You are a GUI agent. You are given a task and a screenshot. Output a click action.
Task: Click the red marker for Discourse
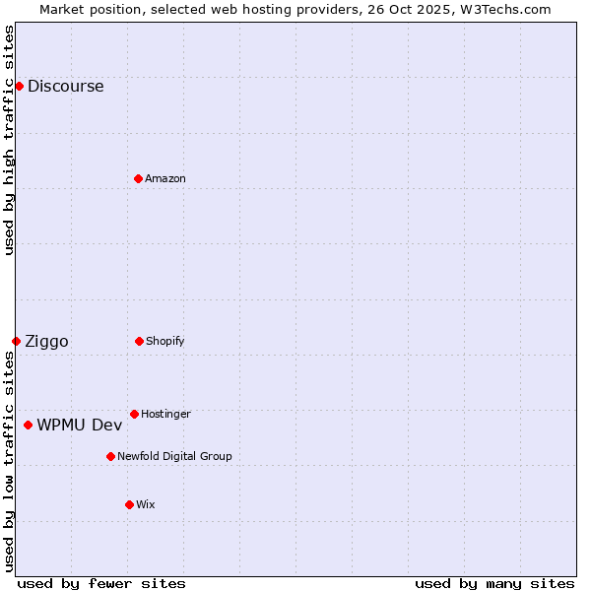pyautogui.click(x=19, y=86)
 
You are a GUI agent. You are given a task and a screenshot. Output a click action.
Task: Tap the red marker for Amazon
pyautogui.click(x=138, y=178)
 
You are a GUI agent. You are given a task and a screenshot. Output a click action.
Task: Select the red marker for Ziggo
pyautogui.click(x=16, y=341)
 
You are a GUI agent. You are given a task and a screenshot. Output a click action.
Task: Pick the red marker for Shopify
pyautogui.click(x=139, y=341)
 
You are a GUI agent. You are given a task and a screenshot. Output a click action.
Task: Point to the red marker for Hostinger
pyautogui.click(x=134, y=414)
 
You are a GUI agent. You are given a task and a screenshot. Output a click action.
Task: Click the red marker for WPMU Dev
pyautogui.click(x=28, y=425)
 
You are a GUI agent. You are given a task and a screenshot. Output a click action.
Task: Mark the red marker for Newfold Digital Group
pyautogui.click(x=110, y=456)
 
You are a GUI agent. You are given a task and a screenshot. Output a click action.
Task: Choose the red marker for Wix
pyautogui.click(x=129, y=504)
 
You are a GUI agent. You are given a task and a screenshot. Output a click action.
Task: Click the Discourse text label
pyautogui.click(x=65, y=86)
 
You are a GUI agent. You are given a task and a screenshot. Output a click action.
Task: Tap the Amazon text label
pyautogui.click(x=165, y=178)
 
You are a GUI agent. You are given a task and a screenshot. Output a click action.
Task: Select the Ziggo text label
pyautogui.click(x=46, y=341)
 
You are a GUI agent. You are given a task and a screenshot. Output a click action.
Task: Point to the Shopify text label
pyautogui.click(x=165, y=341)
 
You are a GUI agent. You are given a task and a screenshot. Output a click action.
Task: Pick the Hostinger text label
pyautogui.click(x=165, y=414)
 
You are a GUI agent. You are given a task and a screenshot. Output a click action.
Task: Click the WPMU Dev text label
pyautogui.click(x=80, y=425)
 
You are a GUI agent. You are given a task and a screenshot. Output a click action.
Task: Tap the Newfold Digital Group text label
pyautogui.click(x=174, y=456)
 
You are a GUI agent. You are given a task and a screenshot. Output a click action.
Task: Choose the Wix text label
pyautogui.click(x=146, y=504)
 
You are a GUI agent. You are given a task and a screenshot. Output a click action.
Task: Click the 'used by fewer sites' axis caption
pyautogui.click(x=101, y=583)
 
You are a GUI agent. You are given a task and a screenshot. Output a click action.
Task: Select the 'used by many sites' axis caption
pyautogui.click(x=494, y=583)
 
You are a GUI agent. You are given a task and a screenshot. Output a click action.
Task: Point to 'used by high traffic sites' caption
pyautogui.click(x=9, y=140)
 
